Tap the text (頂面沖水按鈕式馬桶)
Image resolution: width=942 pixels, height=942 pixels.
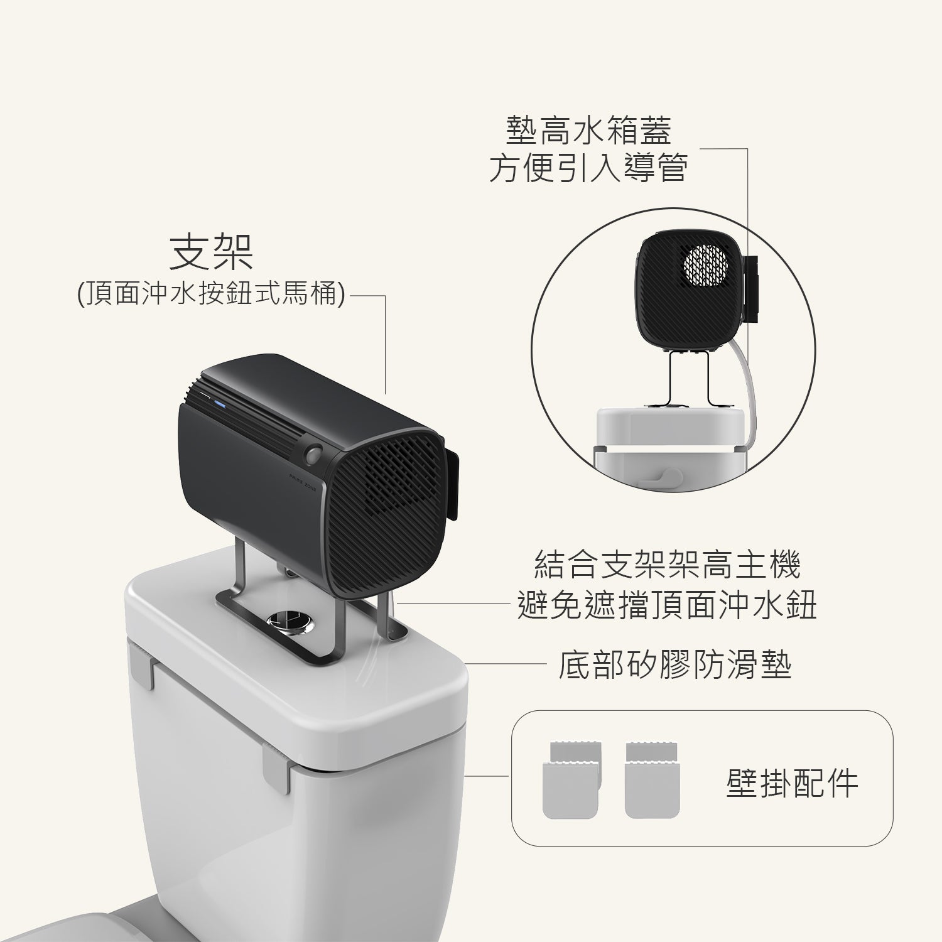click(x=211, y=294)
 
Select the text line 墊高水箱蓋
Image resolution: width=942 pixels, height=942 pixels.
click(x=588, y=130)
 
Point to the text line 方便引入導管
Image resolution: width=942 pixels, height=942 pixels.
click(x=588, y=168)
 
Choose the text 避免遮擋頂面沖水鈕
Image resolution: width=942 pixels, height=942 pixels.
click(x=668, y=605)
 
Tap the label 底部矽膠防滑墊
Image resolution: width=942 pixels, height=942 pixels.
click(x=675, y=665)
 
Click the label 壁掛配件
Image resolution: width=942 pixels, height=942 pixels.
click(x=792, y=783)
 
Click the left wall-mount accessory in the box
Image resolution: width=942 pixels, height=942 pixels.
click(x=571, y=781)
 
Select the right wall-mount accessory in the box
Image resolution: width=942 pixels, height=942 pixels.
click(x=652, y=781)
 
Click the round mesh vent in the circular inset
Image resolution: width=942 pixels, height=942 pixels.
click(x=705, y=263)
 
